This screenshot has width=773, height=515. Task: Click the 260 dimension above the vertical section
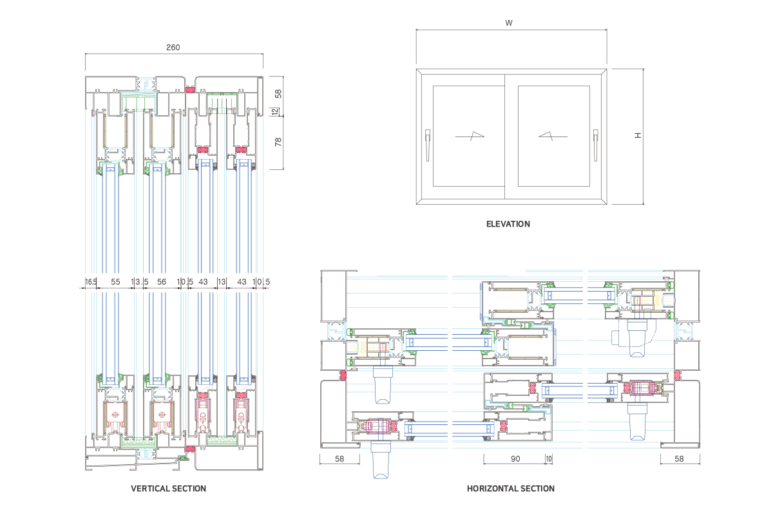pyautogui.click(x=173, y=47)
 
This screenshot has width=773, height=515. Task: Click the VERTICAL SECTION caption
pyautogui.click(x=169, y=489)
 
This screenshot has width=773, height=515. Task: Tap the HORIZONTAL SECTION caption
pyautogui.click(x=510, y=489)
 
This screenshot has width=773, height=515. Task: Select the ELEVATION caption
pyautogui.click(x=508, y=224)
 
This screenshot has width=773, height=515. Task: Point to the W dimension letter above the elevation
pyautogui.click(x=509, y=23)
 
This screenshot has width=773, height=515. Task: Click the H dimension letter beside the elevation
pyautogui.click(x=637, y=136)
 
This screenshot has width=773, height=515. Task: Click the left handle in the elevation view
pyautogui.click(x=428, y=144)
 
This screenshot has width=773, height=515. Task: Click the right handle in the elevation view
pyautogui.click(x=596, y=144)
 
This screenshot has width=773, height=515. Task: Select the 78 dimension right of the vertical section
pyautogui.click(x=278, y=142)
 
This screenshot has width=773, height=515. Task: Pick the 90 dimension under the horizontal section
pyautogui.click(x=515, y=459)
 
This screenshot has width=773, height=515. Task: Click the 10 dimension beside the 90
pyautogui.click(x=549, y=459)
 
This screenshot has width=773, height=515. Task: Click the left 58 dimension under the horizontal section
pyautogui.click(x=339, y=459)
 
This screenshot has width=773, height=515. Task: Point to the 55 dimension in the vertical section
pyautogui.click(x=115, y=282)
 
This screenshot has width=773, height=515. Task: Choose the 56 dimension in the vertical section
pyautogui.click(x=161, y=282)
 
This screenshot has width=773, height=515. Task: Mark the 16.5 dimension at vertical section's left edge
pyautogui.click(x=90, y=282)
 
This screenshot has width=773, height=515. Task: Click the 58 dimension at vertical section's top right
pyautogui.click(x=278, y=93)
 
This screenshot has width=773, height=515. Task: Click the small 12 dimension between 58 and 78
pyautogui.click(x=275, y=112)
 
